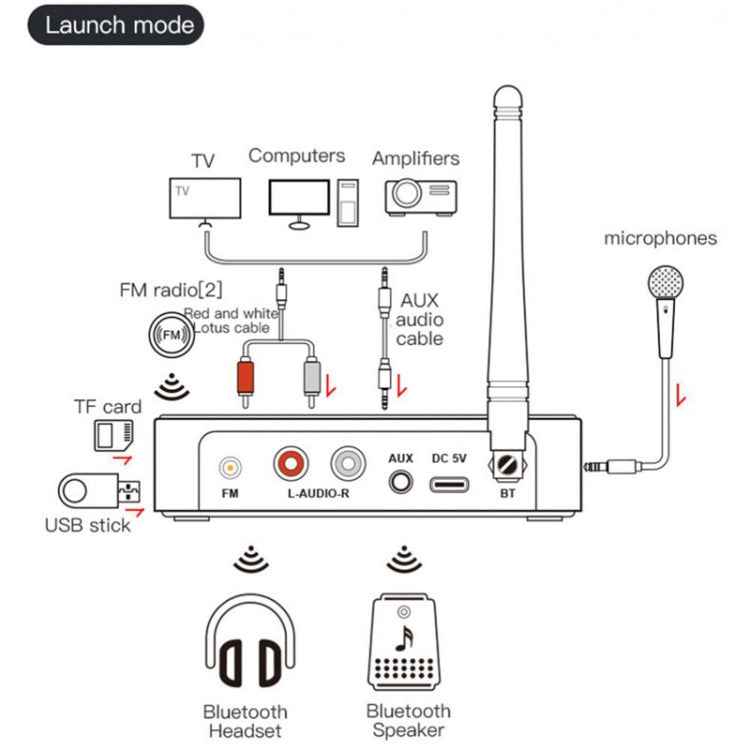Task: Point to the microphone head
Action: click(x=664, y=284)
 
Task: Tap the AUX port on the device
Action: click(x=402, y=481)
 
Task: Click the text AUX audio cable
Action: click(x=419, y=319)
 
